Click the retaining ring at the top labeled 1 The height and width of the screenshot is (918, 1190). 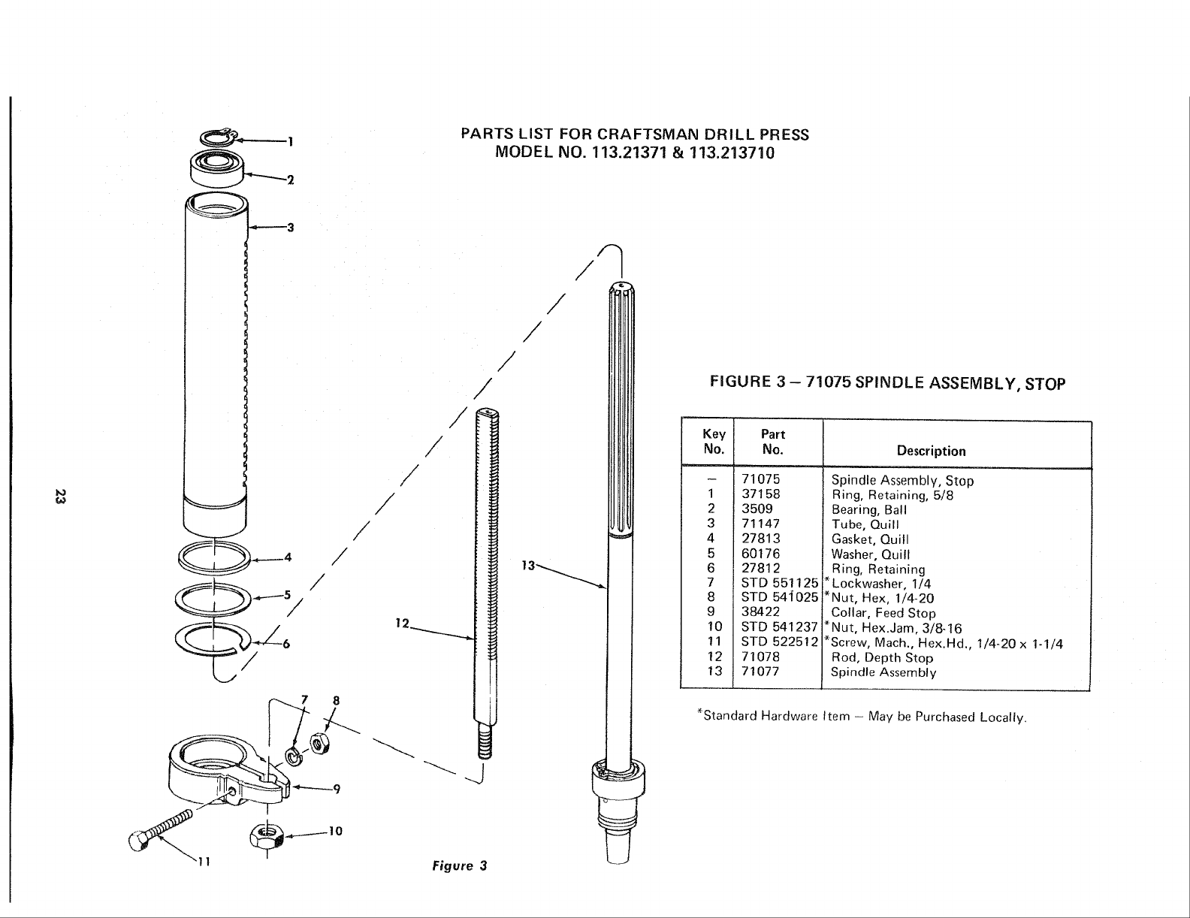pyautogui.click(x=219, y=137)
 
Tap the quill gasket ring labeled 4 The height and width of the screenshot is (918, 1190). pyautogui.click(x=214, y=557)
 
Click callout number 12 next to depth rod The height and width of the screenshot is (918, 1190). pyautogui.click(x=401, y=623)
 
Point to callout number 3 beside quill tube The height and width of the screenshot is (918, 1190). pyautogui.click(x=289, y=228)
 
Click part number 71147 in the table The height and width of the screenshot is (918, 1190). pyautogui.click(x=760, y=524)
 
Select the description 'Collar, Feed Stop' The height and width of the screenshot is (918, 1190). pyautogui.click(x=883, y=613)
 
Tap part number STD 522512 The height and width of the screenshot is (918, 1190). pyautogui.click(x=779, y=642)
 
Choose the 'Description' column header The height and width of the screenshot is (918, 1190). pyautogui.click(x=931, y=451)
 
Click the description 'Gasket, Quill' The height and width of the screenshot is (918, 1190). pyautogui.click(x=870, y=539)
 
